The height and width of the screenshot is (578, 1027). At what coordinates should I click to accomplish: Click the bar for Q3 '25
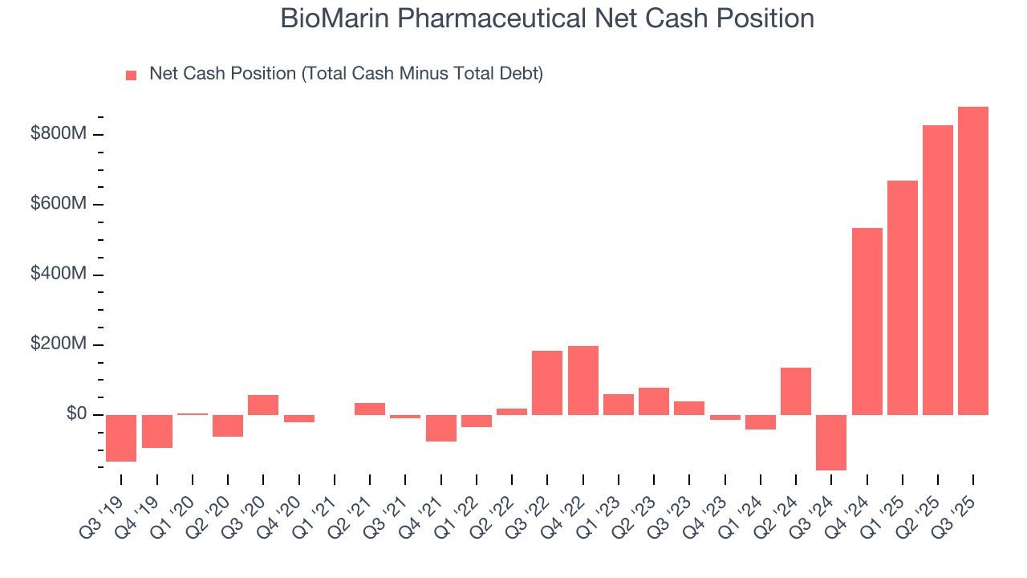tap(973, 261)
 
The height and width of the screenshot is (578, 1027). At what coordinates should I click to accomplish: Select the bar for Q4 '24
tap(867, 321)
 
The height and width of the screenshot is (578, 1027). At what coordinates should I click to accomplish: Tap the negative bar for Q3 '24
tap(831, 442)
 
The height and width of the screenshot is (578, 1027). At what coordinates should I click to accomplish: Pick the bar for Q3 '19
tap(121, 438)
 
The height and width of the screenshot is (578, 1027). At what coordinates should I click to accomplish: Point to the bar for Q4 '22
tap(583, 381)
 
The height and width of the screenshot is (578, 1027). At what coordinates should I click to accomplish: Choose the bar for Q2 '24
tap(796, 391)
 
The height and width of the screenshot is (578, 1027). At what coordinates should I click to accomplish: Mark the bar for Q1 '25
tap(902, 298)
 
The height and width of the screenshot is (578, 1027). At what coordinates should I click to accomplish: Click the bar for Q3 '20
tap(263, 405)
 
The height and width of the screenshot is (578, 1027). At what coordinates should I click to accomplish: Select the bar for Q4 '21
tap(440, 428)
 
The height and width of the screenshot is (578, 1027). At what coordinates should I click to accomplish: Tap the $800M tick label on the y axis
tap(59, 134)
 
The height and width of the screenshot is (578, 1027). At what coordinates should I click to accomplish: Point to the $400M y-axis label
tap(59, 275)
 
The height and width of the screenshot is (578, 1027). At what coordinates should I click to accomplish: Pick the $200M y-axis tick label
tap(59, 344)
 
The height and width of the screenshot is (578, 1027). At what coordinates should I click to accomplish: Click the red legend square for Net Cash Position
tap(132, 75)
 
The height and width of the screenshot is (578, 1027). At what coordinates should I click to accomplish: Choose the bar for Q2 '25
tap(938, 270)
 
